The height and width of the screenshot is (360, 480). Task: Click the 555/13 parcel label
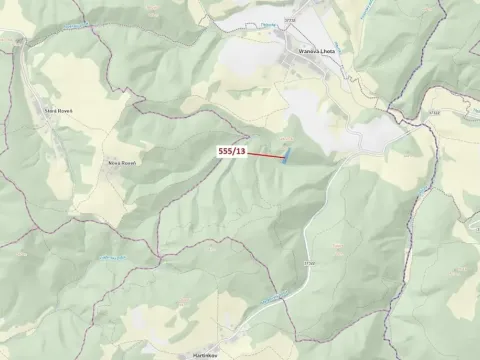coord(232,151)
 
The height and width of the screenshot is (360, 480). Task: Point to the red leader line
coord(264,155)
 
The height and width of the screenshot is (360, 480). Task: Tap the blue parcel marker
coord(287,156)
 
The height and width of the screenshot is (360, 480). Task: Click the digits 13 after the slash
coord(240,151)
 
